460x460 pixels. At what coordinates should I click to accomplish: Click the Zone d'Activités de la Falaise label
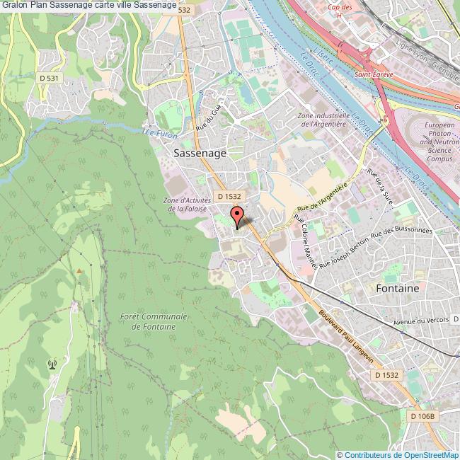(x=183, y=205)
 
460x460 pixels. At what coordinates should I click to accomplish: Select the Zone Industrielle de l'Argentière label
(x=323, y=120)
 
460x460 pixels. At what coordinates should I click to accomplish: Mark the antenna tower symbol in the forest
(x=51, y=364)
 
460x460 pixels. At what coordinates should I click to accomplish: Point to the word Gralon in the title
(x=14, y=6)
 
